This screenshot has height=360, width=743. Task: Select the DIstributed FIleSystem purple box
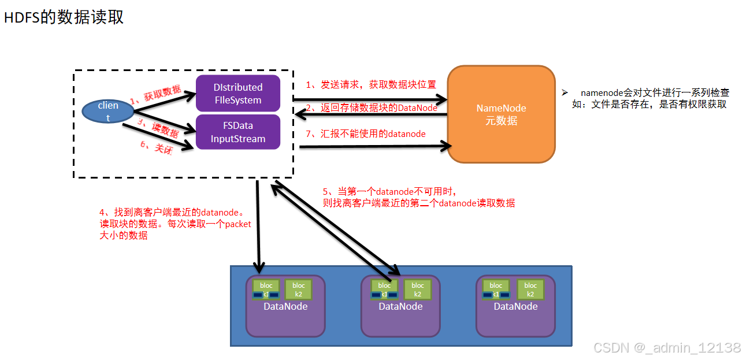[237, 94]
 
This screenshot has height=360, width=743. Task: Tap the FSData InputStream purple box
[237, 132]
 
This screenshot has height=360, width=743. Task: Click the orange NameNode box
[501, 114]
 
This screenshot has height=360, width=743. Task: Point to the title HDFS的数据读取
[64, 17]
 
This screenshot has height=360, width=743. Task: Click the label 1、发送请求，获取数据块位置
[370, 84]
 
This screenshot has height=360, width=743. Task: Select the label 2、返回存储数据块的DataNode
[371, 107]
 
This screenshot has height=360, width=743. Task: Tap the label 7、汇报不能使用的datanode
[365, 134]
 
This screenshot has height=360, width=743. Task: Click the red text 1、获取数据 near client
[155, 94]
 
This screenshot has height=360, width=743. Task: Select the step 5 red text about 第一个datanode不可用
[418, 197]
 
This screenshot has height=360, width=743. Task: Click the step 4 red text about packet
[175, 224]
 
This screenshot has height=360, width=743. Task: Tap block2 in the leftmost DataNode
[299, 289]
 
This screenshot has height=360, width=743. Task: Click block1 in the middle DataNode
[384, 289]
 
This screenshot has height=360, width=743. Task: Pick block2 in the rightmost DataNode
[530, 289]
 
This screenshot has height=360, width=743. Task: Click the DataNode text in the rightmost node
[515, 306]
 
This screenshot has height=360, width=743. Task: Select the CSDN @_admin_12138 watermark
[667, 347]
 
